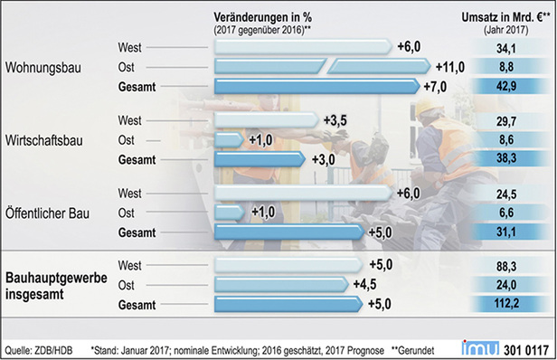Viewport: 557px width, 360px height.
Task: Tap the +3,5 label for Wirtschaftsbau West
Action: (336, 119)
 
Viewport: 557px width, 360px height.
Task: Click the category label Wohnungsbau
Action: (43, 67)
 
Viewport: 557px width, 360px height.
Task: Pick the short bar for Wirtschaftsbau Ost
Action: (230, 139)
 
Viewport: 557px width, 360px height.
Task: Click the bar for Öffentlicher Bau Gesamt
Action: (289, 232)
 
